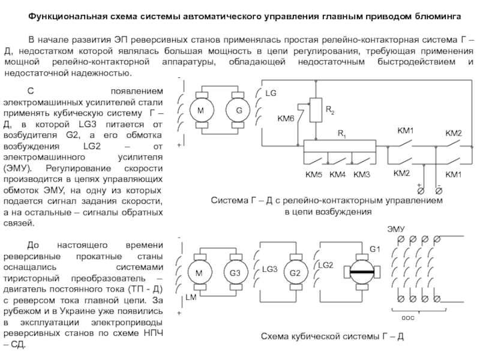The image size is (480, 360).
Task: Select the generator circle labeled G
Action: pos(238,112)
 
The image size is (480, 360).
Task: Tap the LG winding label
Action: pos(271,94)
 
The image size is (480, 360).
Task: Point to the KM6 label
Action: pos(286,118)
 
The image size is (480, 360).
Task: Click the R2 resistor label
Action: pos(331,111)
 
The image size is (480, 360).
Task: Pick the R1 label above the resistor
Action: pos(341,134)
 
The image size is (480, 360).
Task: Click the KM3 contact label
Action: pos(362,175)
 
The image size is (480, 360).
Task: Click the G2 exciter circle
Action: pos(295,273)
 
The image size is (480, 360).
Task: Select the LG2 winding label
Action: pos(326,264)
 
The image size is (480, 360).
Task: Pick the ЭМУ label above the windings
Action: pos(395,229)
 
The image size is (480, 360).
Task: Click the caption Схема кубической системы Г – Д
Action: pos(332,337)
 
